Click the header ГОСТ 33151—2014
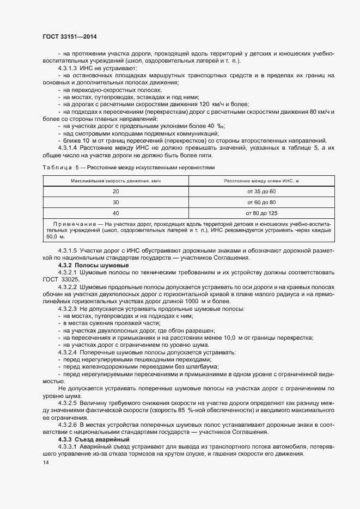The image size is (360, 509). pos(69,37)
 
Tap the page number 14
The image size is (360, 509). pos(45,462)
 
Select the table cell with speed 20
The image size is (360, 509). pos(115,192)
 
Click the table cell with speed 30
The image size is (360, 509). pos(115,202)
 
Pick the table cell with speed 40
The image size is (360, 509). pos(115,213)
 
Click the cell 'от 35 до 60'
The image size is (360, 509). pos(261,192)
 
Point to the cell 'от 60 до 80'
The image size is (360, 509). pos(261,202)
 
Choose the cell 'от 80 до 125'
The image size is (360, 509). pos(261,213)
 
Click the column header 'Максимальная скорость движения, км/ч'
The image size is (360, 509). pos(115,180)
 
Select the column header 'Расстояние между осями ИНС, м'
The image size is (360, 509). pos(261,180)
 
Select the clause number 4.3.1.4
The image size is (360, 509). pos(68,148)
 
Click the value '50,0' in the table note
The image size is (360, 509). pos(52,237)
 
